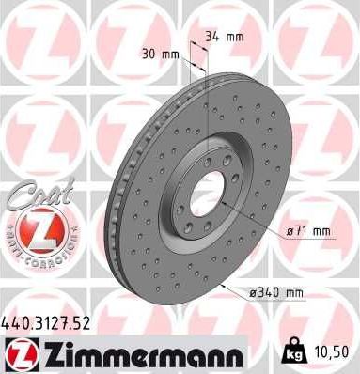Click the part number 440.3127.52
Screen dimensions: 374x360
(x=47, y=324)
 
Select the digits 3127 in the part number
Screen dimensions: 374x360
(x=47, y=324)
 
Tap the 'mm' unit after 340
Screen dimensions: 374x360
(x=294, y=293)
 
